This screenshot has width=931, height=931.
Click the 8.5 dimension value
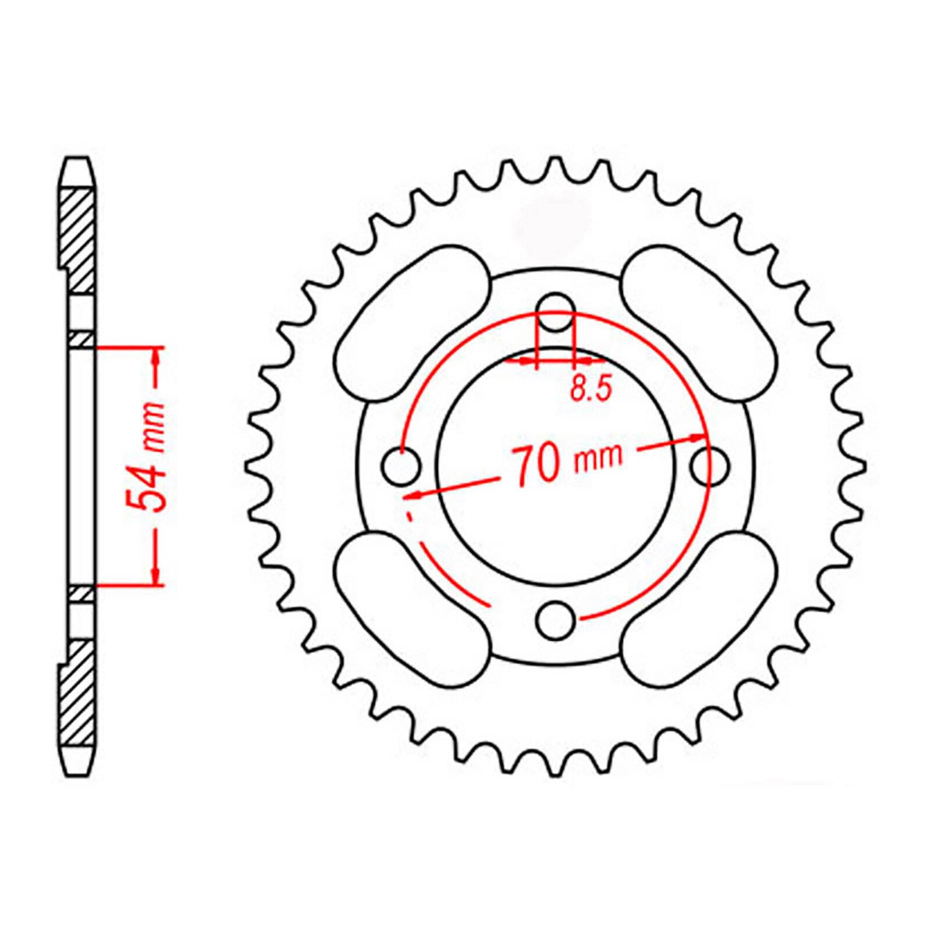(x=591, y=389)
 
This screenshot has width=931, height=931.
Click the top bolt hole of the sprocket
(x=555, y=312)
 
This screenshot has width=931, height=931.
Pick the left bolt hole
(x=401, y=465)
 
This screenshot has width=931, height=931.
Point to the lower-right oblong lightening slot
(x=699, y=611)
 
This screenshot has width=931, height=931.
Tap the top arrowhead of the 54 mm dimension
(x=155, y=356)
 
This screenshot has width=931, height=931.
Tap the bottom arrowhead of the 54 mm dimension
(x=155, y=576)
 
